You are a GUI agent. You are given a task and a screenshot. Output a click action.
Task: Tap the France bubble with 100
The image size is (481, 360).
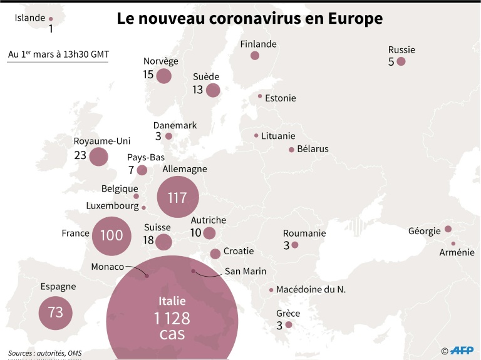tap(111, 236)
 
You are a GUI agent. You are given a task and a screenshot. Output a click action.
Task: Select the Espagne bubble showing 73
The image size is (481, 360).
tap(56, 312)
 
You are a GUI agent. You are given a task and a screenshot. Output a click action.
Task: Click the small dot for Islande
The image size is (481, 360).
tap(51, 19)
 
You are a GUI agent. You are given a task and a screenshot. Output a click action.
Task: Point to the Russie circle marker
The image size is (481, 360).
tap(401, 61)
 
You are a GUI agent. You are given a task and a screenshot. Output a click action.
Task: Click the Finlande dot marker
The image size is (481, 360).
tap(255, 56)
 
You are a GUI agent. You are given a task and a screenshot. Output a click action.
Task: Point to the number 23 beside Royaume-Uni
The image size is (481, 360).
tap(80, 155)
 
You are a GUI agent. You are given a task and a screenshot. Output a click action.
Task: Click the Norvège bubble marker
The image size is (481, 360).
tap(164, 76)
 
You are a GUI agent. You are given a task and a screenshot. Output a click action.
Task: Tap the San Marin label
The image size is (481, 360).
tap(246, 272)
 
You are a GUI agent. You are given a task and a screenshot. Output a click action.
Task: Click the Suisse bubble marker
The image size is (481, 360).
tap(164, 242)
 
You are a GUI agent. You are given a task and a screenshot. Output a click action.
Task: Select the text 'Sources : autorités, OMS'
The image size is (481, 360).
tap(45, 353)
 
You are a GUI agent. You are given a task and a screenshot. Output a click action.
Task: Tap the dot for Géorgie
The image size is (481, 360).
tap(448, 229)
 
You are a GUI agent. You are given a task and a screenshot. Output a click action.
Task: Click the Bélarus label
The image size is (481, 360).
tap(313, 149)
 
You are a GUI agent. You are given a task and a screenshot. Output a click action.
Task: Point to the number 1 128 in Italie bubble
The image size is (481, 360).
tap(172, 318)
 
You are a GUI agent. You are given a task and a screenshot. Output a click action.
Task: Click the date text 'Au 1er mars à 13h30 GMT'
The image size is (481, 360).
tap(58, 54)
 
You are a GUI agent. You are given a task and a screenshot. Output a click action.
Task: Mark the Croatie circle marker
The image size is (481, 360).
tap(215, 254)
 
